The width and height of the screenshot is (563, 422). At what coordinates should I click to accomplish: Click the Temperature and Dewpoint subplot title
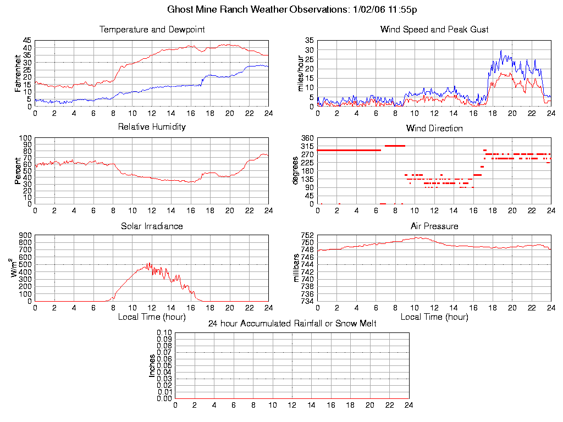[152, 29]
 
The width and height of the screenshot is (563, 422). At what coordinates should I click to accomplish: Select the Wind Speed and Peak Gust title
[434, 29]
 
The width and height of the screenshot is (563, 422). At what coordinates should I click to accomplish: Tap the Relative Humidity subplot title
[152, 127]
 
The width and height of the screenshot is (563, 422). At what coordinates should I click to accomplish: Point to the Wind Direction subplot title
[434, 128]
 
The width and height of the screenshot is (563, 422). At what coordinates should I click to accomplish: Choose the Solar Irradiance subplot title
[152, 226]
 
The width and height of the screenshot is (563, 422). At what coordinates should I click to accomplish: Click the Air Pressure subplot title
[434, 226]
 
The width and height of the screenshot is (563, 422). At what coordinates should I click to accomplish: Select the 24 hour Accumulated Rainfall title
[292, 324]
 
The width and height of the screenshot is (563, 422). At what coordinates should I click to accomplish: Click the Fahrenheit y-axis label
[18, 74]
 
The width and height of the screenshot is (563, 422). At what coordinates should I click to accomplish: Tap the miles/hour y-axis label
[300, 74]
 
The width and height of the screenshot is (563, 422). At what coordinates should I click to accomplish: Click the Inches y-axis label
[152, 366]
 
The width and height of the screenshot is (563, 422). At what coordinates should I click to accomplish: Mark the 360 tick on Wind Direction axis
[307, 138]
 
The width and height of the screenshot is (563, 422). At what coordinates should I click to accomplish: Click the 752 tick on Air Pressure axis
[307, 236]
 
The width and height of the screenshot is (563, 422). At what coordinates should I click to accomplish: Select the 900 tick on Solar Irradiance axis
[25, 236]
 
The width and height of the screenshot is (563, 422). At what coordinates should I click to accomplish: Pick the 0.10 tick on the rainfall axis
[164, 333]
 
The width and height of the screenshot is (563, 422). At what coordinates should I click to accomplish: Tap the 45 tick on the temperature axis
[27, 40]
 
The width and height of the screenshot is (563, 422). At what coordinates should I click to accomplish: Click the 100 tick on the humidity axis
[25, 138]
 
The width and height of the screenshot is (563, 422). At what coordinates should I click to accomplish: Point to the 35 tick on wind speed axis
[309, 40]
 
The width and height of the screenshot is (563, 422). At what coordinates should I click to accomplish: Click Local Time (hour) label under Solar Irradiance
[152, 317]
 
